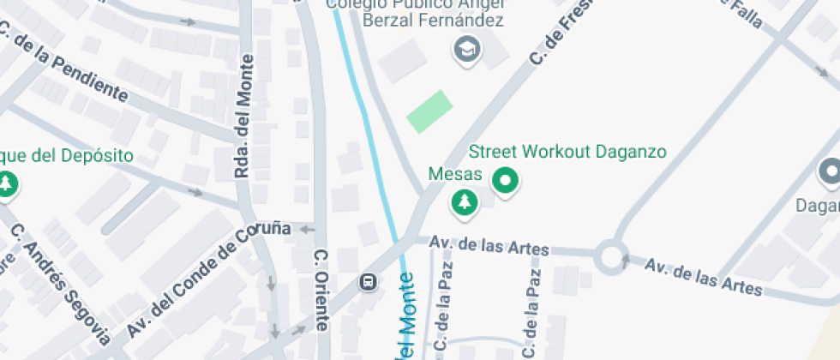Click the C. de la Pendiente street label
click(63, 65)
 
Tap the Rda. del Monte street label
click(245, 117)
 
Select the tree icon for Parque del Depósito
click(8, 183)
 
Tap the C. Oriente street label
click(321, 290)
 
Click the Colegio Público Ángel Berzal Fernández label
click(419, 12)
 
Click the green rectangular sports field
click(429, 111)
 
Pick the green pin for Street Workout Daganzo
click(505, 181)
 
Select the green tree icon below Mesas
click(465, 202)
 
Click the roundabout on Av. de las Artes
click(611, 255)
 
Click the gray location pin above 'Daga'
click(829, 172)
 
